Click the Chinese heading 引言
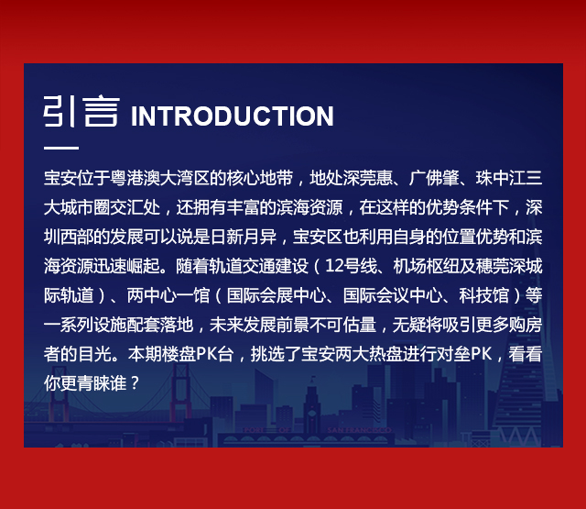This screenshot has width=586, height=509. [81, 112]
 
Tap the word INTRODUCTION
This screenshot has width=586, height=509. [232, 116]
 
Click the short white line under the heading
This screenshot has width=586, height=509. [61, 148]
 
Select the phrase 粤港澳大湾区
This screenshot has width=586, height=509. [159, 178]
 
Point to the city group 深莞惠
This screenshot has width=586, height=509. [367, 178]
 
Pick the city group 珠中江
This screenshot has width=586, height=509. [501, 178]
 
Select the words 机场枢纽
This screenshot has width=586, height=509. [426, 266]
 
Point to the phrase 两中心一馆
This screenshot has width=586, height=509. [168, 295]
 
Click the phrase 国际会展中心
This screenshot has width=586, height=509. [277, 295]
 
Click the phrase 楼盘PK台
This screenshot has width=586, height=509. [198, 354]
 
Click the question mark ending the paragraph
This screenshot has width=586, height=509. [136, 382]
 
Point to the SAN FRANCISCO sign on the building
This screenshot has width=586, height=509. [359, 430]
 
